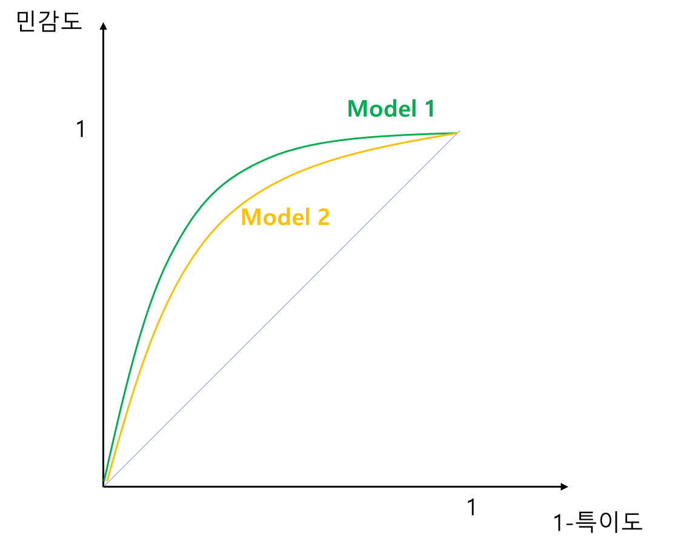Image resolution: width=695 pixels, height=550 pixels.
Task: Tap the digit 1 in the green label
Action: (x=428, y=109)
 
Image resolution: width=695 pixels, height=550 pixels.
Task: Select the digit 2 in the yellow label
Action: (x=323, y=217)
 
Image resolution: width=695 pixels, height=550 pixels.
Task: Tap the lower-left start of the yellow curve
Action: (x=108, y=482)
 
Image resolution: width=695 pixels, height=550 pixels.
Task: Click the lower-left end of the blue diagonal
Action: (x=104, y=487)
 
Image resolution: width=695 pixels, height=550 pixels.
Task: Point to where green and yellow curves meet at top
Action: (x=456, y=133)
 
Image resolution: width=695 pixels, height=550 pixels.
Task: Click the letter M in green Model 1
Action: (x=358, y=109)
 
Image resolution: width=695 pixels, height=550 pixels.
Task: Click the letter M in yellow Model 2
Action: (x=251, y=217)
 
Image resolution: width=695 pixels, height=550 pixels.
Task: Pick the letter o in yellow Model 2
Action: (x=269, y=219)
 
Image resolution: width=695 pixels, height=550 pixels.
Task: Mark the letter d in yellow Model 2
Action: (x=283, y=217)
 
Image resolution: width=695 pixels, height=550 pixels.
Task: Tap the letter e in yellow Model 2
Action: (x=296, y=219)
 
